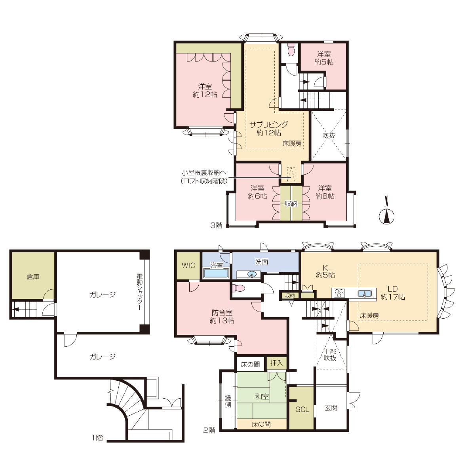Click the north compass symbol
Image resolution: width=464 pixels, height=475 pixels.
[386, 212]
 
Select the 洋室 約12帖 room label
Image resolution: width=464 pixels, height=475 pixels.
[205, 90]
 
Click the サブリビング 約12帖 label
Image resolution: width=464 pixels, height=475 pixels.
[269, 129]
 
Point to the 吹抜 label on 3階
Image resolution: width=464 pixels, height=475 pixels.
[329, 135]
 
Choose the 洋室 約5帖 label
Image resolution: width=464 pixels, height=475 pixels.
[324, 58]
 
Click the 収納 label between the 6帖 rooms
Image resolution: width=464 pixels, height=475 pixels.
[291, 203]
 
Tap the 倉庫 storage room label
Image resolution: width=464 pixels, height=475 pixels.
[33, 277]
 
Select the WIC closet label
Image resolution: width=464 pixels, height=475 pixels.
[188, 265]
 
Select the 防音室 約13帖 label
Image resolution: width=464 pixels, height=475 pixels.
[222, 316]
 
